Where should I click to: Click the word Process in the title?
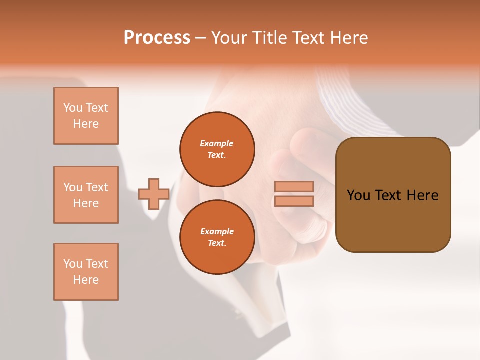[157, 38]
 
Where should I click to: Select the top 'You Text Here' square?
[86, 116]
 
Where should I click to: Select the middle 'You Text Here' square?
[86, 195]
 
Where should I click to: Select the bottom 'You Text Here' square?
[86, 272]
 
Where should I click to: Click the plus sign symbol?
[154, 194]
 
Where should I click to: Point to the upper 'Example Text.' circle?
[217, 149]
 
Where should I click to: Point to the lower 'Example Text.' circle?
[217, 237]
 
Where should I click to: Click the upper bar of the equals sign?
[294, 186]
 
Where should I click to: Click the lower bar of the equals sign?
[294, 201]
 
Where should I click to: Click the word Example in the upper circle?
[216, 143]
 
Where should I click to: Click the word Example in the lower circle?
[216, 231]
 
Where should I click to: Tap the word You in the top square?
[73, 108]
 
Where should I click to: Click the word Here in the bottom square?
[86, 280]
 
